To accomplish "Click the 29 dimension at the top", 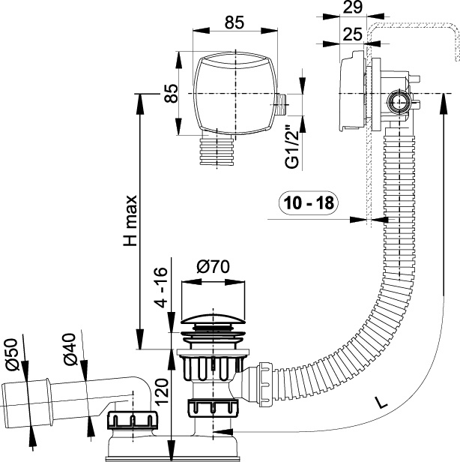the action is click(x=353, y=7).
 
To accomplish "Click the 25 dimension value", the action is click(x=353, y=34).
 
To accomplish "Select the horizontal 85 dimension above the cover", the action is click(x=234, y=22).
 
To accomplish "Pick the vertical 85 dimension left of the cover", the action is click(x=171, y=93).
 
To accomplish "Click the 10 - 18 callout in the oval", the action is click(x=309, y=202).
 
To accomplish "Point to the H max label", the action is click(x=130, y=220).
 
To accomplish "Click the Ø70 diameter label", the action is click(x=213, y=267).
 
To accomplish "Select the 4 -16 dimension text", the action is click(x=162, y=287).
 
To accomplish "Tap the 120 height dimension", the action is click(x=162, y=392).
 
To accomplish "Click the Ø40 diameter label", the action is click(x=70, y=349).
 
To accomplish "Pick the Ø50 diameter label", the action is click(x=12, y=354).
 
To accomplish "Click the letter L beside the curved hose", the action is click(x=382, y=403).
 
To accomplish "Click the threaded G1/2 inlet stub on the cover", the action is click(x=282, y=104).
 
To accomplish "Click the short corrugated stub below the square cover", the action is click(x=217, y=151).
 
